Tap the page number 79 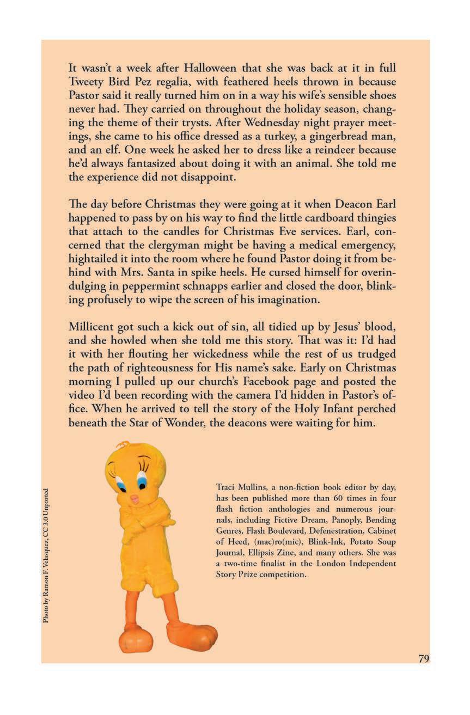click(x=424, y=659)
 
